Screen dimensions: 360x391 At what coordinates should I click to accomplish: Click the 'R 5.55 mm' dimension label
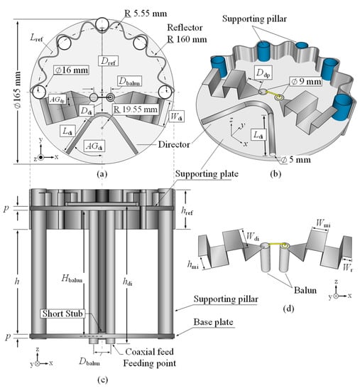tap(146, 13)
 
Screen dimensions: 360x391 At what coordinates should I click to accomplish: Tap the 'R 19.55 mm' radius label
tap(136, 109)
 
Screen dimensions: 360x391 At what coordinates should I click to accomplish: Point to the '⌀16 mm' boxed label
tap(71, 70)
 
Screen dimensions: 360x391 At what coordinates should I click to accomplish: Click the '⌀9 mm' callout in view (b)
tap(306, 81)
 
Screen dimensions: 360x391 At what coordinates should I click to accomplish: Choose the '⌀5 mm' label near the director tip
tap(296, 159)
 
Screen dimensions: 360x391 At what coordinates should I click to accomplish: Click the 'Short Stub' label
tap(62, 314)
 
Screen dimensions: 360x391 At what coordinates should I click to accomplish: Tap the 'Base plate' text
tap(214, 322)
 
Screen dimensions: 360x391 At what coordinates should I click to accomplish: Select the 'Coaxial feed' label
tap(149, 352)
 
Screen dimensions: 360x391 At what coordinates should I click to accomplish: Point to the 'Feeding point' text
tap(150, 363)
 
